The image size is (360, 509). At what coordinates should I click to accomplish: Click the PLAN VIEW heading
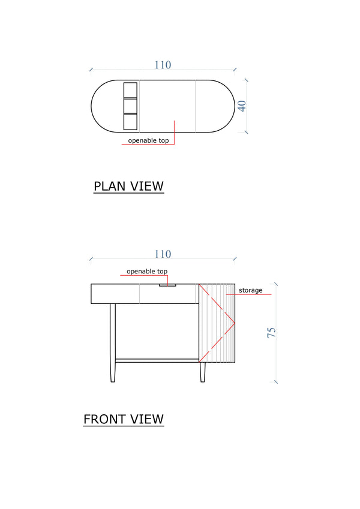coord(128,186)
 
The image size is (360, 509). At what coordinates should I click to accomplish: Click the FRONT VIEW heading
coord(123,418)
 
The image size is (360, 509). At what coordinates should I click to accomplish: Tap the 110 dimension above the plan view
coord(163,65)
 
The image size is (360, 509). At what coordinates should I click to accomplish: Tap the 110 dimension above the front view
coord(163,254)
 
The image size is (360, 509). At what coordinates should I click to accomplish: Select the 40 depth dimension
coord(242,106)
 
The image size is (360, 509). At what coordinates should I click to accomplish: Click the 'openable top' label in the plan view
coord(148,140)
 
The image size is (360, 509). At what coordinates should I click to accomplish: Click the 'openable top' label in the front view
coord(146,272)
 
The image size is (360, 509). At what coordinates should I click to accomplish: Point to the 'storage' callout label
coord(250,290)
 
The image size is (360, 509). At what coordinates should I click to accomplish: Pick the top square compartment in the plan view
coord(130,90)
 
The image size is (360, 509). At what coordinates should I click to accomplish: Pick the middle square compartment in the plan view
coord(130,106)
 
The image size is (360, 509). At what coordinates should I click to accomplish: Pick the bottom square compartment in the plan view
coord(130,122)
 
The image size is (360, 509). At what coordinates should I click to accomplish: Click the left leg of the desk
coord(112,342)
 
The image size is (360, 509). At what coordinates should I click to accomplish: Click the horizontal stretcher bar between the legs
coord(157,360)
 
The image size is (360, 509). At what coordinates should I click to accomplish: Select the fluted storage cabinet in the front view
coord(218,324)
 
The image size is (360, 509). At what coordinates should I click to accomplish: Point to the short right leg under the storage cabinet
coord(203,372)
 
